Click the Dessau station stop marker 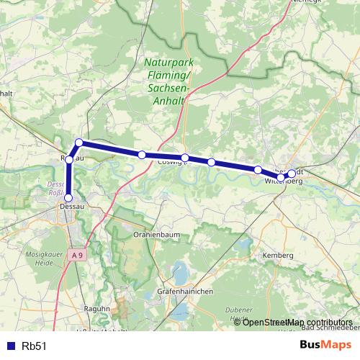(69, 198)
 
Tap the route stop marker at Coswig (185, 158)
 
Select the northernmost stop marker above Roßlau (79, 143)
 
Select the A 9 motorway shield (77, 255)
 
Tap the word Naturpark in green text (168, 63)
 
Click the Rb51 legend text (34, 346)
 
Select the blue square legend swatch (9, 346)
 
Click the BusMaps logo (325, 345)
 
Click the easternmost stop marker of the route (292, 173)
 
